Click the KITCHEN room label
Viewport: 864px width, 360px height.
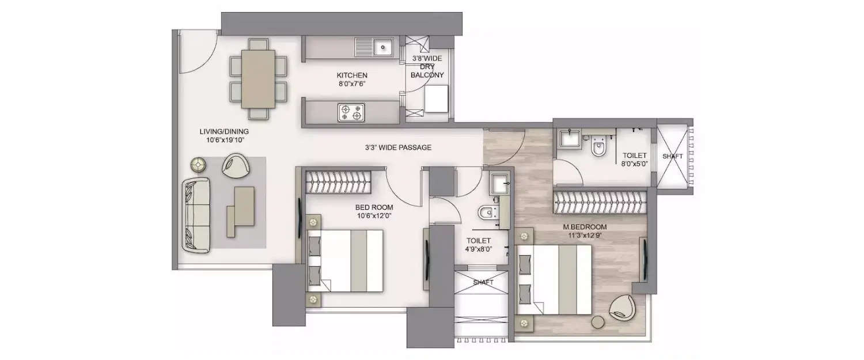tap(352, 75)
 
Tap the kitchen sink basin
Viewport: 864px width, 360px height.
tap(382, 47)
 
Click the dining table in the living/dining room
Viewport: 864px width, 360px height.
tap(258, 78)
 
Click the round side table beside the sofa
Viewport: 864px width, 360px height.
tap(199, 165)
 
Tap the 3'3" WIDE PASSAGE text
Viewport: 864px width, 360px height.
tap(398, 147)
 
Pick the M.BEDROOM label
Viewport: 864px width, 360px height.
tap(585, 227)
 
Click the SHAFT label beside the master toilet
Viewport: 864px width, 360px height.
tap(672, 156)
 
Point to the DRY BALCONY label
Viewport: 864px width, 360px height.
tap(427, 71)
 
